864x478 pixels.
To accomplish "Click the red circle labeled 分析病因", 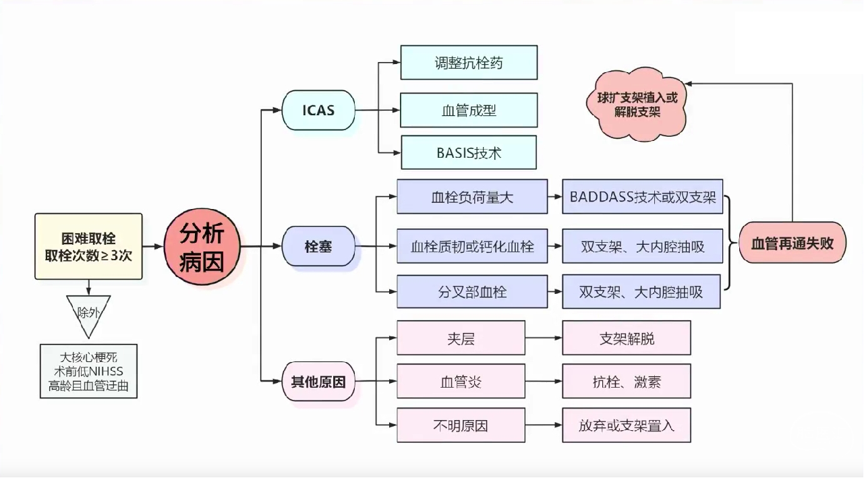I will [x=202, y=247].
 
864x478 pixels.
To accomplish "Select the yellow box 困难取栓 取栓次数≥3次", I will [x=88, y=247].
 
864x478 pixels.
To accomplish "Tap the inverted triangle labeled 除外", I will [x=88, y=313].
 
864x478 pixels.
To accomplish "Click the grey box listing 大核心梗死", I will [x=88, y=371].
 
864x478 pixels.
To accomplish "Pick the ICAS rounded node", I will [x=318, y=110].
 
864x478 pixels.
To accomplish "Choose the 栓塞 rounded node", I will [x=318, y=247].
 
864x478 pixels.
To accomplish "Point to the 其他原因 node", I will [x=318, y=382].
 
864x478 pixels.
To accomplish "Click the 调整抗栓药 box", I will [x=469, y=63].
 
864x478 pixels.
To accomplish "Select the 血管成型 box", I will [x=469, y=110].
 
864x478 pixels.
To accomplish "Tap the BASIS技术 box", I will [x=469, y=152].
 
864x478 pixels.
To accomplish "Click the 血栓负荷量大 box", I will [x=472, y=197].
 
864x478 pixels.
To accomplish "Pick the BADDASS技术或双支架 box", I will [x=642, y=197].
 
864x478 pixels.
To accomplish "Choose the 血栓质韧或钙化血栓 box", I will [x=472, y=247].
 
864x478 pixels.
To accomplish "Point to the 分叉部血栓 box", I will [x=472, y=292].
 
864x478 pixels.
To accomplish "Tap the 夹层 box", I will [x=461, y=338].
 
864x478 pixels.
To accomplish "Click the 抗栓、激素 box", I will [x=626, y=382].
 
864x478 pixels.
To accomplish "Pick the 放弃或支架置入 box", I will [x=626, y=425].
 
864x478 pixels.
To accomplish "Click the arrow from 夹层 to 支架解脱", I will [x=544, y=338].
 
